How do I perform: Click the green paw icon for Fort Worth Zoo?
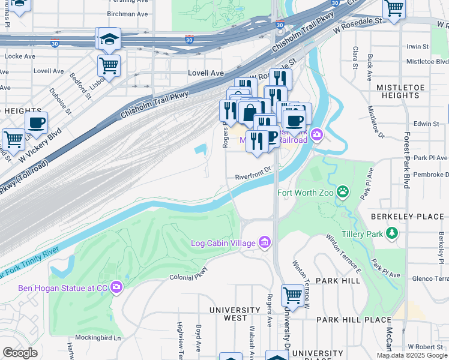coord(343,192)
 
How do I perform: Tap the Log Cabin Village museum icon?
coord(265,243)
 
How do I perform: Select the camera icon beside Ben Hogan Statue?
coord(116,288)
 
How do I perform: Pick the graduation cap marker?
coord(109,38)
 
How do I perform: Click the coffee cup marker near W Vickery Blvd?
coord(36,123)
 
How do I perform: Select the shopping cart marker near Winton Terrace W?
coord(292,295)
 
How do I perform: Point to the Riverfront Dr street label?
coord(254,177)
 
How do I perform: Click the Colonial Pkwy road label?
coord(188,277)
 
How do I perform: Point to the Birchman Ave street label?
coord(127,14)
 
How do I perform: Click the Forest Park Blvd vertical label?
coord(407,160)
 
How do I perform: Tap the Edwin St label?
coord(427,124)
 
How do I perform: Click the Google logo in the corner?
coord(20,353)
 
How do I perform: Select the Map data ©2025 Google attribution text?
coord(412,355)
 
